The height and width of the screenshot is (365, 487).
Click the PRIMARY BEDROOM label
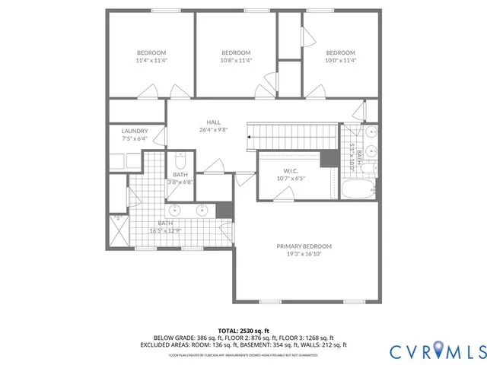click(304, 246)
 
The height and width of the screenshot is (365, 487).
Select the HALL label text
click(214, 122)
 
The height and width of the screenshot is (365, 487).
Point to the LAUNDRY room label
click(135, 131)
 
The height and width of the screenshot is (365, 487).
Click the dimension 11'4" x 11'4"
click(151, 60)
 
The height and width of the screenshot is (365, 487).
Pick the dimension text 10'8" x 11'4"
click(236, 60)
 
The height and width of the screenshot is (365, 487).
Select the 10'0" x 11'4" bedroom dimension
click(340, 60)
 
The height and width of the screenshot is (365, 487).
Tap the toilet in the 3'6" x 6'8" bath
click(180, 162)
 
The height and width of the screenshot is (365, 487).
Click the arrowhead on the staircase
click(249, 137)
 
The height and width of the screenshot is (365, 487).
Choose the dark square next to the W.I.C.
click(329, 159)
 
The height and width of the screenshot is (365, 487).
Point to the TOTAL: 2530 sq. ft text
click(243, 331)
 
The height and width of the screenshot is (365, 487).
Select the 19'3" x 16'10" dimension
click(304, 255)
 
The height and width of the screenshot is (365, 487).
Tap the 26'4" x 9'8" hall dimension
click(214, 130)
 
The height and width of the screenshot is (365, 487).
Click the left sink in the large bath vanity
click(174, 210)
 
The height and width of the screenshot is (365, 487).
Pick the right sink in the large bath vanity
click(203, 210)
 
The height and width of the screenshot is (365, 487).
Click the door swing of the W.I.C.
click(282, 195)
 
